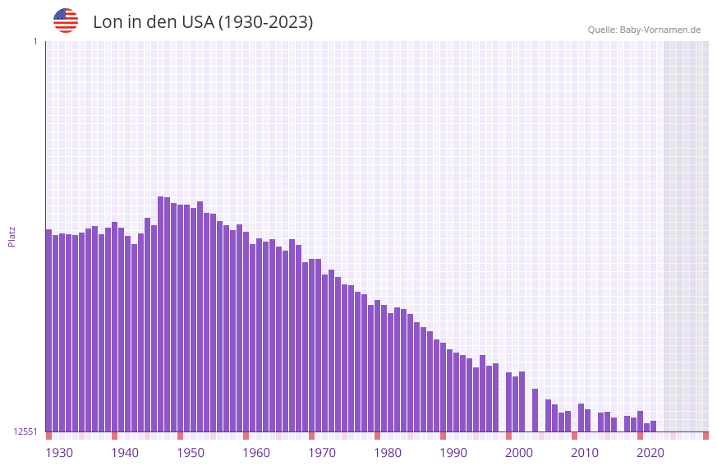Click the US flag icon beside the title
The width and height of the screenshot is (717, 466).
pos(66,21)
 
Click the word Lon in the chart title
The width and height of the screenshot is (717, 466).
pos(108,22)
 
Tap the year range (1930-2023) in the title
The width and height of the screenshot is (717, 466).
pos(265,22)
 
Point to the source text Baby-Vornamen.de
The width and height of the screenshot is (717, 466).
pos(660,30)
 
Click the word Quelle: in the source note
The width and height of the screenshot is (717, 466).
pos(602,30)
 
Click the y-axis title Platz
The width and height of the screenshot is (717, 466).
pos(11,236)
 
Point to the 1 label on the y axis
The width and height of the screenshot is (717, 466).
pos(34,41)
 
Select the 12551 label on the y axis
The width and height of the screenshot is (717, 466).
pos(25,431)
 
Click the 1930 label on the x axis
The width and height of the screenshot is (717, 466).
pos(59,453)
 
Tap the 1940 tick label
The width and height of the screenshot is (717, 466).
pos(125,453)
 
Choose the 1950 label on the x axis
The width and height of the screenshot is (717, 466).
pos(191,453)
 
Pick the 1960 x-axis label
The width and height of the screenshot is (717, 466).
pos(256,453)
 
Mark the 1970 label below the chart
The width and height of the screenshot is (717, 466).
pos(322,453)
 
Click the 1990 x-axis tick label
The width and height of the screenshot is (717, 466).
pos(453,453)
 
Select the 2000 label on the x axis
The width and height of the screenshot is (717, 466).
pos(519,453)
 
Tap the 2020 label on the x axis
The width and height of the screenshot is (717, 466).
pos(650,453)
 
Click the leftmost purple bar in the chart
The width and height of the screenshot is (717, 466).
pos(48,329)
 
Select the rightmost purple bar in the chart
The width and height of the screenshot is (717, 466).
pos(653,427)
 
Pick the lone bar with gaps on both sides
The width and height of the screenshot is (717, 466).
pos(535,410)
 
